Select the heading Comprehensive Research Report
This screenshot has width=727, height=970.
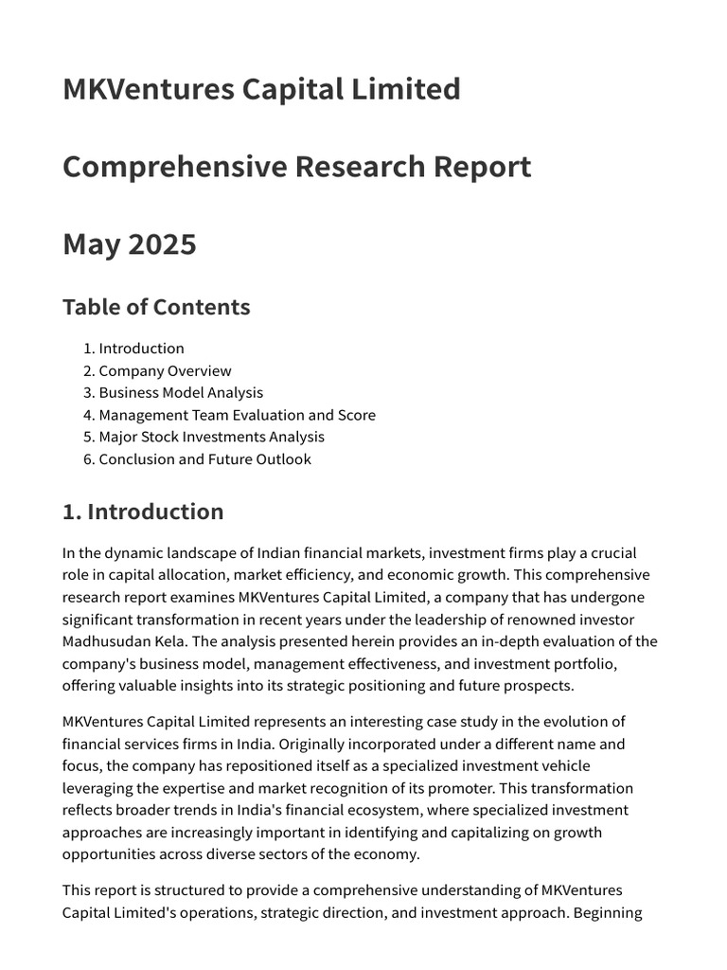[296, 167]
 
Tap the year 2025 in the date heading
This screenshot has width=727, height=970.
[161, 244]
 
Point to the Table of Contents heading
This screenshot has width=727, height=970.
[156, 307]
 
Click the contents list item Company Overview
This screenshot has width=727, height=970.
[165, 370]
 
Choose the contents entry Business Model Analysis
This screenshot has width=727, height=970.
[181, 392]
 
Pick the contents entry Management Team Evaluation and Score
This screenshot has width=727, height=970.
[237, 415]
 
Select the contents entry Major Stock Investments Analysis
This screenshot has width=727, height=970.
[211, 437]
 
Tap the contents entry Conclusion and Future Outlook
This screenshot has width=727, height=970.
[204, 459]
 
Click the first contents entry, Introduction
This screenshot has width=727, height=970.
[141, 349]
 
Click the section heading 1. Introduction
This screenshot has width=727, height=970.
[143, 512]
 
